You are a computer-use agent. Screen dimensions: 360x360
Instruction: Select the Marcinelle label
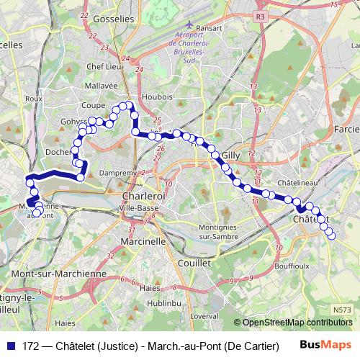[143, 242]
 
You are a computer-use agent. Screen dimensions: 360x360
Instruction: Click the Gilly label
[230, 155]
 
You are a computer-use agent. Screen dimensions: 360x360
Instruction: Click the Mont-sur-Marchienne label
[59, 274]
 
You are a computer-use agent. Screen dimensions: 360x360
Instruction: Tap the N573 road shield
[343, 310]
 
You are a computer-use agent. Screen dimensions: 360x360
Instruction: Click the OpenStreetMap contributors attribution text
[297, 322]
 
